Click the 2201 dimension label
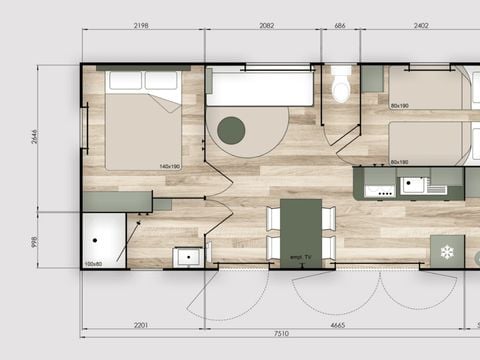click(141, 325)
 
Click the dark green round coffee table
click(232, 129)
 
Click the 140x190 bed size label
click(169, 165)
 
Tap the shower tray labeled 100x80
click(103, 240)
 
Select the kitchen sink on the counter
click(413, 185)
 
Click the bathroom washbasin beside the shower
click(187, 257)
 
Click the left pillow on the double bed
click(125, 81)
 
